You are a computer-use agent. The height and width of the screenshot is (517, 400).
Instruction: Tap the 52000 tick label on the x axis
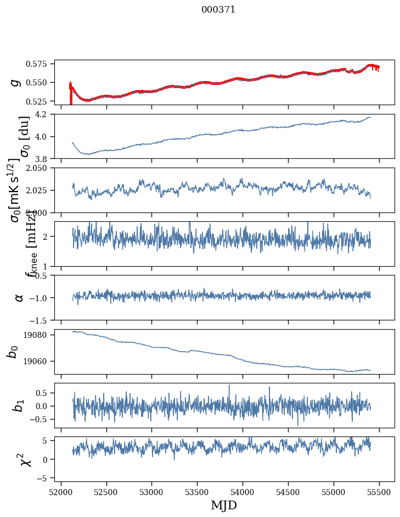click(61, 491)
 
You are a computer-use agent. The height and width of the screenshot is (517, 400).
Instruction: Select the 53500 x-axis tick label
click(198, 491)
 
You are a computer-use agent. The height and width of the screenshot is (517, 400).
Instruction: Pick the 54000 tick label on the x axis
click(243, 491)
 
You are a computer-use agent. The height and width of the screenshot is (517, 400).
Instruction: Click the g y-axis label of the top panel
click(16, 82)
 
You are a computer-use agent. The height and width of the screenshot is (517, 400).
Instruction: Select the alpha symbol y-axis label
click(19, 297)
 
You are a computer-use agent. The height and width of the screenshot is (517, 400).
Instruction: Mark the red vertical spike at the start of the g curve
click(70, 93)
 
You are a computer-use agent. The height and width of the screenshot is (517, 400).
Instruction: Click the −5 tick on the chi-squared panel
click(46, 478)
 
